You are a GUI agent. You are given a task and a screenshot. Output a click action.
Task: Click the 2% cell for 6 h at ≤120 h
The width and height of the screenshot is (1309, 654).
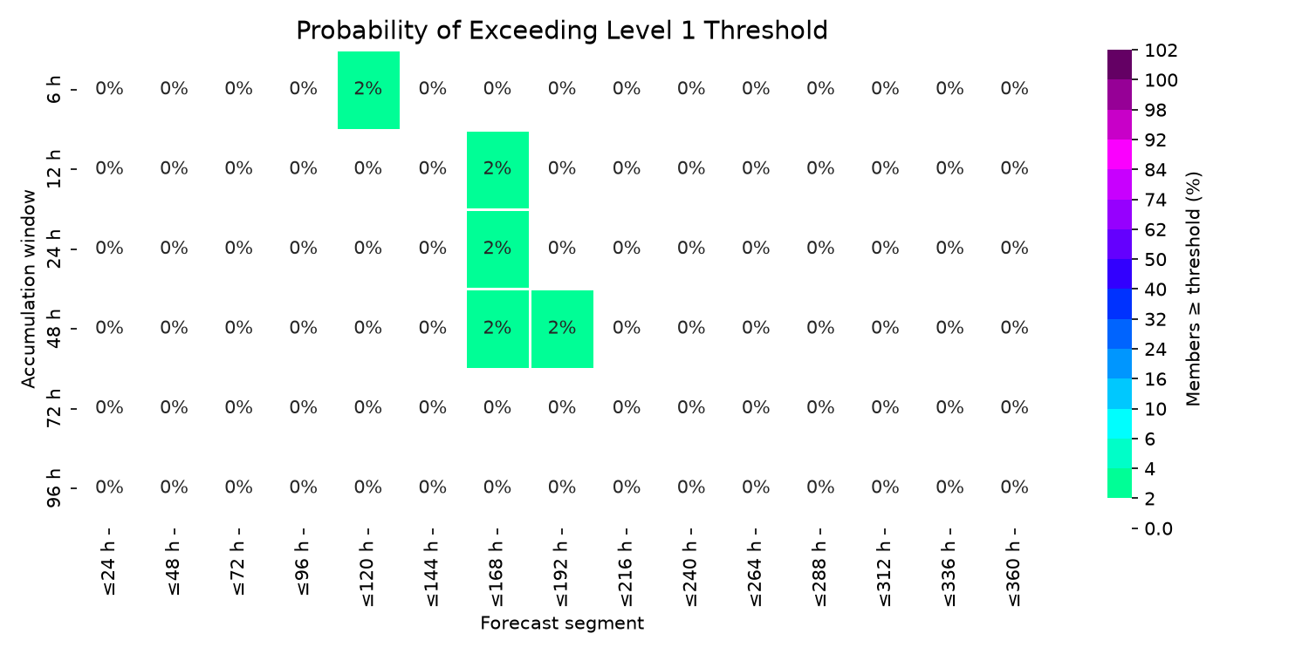click(x=368, y=90)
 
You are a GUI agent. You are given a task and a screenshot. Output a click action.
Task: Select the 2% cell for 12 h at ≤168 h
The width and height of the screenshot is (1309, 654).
click(x=497, y=170)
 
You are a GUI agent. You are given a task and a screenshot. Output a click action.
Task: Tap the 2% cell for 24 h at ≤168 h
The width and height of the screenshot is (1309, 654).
click(x=497, y=249)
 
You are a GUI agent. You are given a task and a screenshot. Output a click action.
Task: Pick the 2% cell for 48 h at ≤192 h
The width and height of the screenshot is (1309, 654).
click(x=562, y=329)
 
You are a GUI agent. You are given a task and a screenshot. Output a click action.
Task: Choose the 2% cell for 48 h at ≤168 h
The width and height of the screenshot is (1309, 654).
click(x=497, y=329)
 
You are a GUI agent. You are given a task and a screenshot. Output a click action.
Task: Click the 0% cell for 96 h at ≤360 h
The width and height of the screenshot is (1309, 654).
click(x=1014, y=487)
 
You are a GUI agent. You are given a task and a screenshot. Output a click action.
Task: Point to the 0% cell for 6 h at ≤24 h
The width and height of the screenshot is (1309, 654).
click(x=109, y=89)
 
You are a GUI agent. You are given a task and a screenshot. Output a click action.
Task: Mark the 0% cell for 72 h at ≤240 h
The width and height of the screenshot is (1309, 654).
click(x=691, y=407)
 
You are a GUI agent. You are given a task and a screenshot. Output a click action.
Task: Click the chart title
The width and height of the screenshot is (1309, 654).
click(x=562, y=31)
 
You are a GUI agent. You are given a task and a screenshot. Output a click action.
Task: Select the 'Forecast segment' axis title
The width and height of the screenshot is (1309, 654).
click(x=562, y=623)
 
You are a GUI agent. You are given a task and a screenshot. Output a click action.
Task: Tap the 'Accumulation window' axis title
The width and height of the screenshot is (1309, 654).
click(x=28, y=289)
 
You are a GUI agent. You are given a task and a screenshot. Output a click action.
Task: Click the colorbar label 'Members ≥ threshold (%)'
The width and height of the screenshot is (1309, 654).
click(x=1193, y=289)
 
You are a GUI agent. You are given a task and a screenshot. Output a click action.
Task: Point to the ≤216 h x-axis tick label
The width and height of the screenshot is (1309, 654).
click(x=627, y=574)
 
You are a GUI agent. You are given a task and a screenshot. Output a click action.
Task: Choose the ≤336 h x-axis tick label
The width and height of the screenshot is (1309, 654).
click(x=949, y=574)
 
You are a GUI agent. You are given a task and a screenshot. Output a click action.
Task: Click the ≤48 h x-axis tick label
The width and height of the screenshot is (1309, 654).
click(x=175, y=569)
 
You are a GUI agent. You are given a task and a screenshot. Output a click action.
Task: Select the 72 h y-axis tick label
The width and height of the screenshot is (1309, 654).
click(x=53, y=408)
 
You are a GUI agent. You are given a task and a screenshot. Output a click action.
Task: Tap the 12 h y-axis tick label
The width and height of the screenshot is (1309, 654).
click(x=53, y=169)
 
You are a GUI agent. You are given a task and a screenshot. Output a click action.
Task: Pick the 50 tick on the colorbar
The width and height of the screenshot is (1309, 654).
click(x=1155, y=260)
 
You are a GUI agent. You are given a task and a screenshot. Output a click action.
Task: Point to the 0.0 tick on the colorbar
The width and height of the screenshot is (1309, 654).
click(x=1158, y=529)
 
